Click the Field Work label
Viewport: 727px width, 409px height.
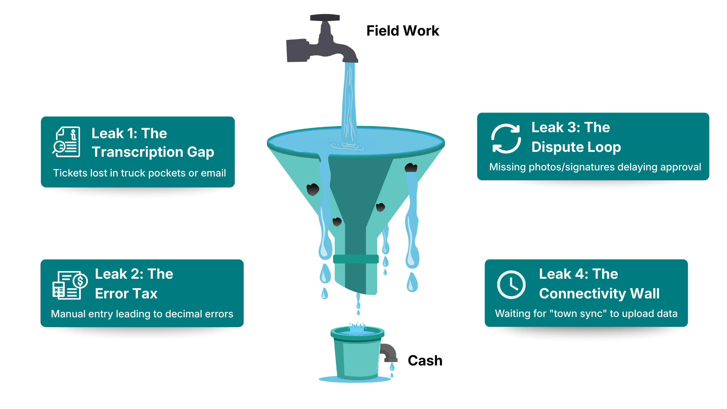pyautogui.click(x=403, y=31)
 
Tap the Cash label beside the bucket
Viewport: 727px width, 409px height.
pyautogui.click(x=425, y=361)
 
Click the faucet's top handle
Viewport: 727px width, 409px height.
pyautogui.click(x=325, y=18)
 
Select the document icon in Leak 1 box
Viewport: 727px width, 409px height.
pyautogui.click(x=67, y=142)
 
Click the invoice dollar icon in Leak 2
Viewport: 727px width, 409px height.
pyautogui.click(x=70, y=285)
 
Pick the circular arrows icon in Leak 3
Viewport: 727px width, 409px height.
pyautogui.click(x=506, y=139)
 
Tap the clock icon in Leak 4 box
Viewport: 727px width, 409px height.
pyautogui.click(x=511, y=285)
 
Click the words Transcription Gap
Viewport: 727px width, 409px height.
pyautogui.click(x=153, y=152)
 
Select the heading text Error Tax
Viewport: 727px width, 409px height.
pyautogui.click(x=126, y=293)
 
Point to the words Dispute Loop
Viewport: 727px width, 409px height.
pyautogui.click(x=576, y=147)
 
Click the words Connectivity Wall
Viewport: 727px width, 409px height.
pyautogui.click(x=599, y=293)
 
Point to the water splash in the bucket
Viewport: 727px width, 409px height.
pyautogui.click(x=357, y=328)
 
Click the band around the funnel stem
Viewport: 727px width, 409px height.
pyautogui.click(x=356, y=259)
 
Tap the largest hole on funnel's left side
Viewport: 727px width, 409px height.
pyautogui.click(x=313, y=189)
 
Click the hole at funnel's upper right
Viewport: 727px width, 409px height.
pyautogui.click(x=411, y=167)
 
